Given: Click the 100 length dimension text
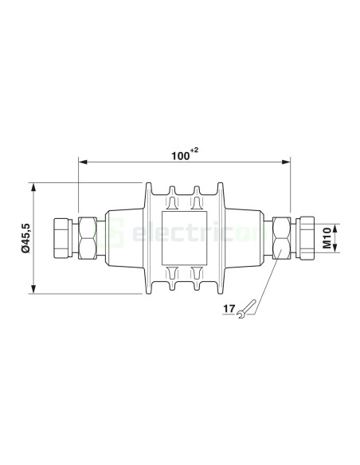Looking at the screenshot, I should (180, 156).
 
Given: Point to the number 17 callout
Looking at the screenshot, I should (229, 307).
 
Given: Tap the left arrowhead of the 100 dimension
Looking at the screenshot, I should (83, 163).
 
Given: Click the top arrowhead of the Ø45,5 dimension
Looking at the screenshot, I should (35, 187).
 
